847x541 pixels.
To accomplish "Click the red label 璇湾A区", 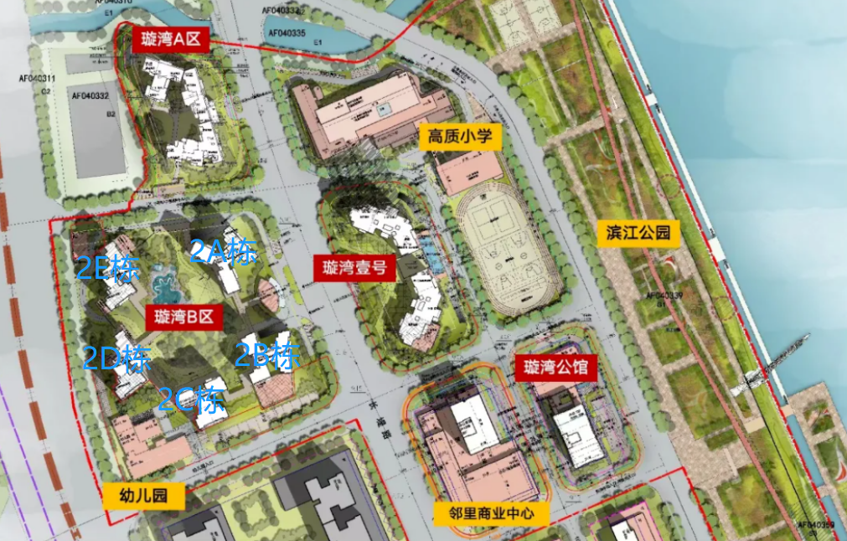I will (171, 39).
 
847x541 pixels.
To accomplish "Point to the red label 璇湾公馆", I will (555, 367).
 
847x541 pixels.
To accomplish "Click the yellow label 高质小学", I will (460, 136).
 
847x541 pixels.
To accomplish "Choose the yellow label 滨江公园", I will (638, 233).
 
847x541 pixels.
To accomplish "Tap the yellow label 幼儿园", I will (144, 496).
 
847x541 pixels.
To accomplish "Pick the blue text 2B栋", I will (266, 356).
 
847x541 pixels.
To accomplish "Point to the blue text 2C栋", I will (192, 399).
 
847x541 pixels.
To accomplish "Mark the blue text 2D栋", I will (116, 358).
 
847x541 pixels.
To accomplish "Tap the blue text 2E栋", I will (108, 268).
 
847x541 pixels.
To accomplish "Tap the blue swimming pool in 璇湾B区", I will (168, 286).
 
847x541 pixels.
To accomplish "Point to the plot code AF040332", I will (90, 96).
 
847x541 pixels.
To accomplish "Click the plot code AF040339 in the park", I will (664, 295).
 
